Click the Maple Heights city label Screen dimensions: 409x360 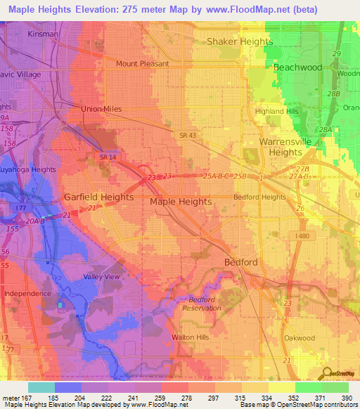tap(181, 202)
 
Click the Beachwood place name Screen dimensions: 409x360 tap(297, 67)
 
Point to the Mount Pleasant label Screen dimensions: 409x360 tap(143, 63)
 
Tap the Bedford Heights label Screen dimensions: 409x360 tap(259, 197)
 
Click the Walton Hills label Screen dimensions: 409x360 tap(192, 337)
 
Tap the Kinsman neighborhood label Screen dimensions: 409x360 tap(44, 33)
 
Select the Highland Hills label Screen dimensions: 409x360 tap(279, 111)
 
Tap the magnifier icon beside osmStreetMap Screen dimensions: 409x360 tap(325, 372)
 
